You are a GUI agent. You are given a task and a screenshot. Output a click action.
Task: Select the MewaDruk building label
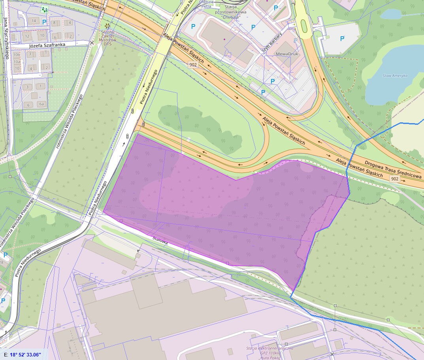[287, 54]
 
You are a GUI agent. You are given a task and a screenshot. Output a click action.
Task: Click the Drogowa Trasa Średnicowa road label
[393, 169]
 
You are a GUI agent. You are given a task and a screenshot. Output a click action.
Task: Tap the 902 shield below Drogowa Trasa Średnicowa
[394, 179]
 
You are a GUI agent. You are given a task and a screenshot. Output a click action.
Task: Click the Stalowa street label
[160, 240]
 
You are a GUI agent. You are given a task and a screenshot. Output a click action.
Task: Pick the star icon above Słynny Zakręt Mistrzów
[107, 26]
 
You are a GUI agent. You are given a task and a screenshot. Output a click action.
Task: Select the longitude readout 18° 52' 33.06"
[24, 354]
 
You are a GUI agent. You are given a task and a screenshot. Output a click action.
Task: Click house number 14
[34, 21]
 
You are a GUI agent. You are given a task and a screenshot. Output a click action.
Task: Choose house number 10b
[17, 55]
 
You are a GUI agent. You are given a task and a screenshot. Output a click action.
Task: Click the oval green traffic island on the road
[304, 26]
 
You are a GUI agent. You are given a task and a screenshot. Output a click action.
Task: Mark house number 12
[27, 37]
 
